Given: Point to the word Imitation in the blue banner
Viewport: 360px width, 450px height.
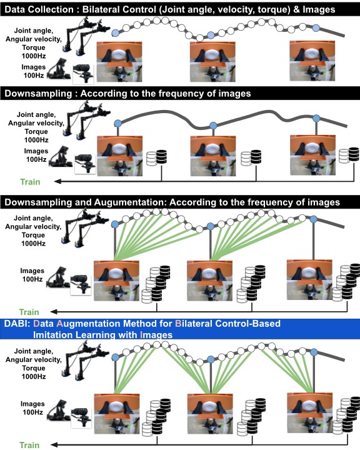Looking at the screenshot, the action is pos(53,335).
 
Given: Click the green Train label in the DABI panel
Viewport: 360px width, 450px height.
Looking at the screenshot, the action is pos(29,445).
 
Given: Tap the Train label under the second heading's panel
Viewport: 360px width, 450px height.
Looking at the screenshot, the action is pos(30,182).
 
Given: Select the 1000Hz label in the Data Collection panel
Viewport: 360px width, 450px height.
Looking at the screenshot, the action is pos(34,56).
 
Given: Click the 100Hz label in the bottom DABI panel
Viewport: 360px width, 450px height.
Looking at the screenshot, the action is pos(32,412).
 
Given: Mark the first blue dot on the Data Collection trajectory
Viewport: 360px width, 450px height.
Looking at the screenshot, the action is pos(115,33).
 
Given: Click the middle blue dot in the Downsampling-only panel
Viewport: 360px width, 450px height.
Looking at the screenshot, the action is pos(213,126).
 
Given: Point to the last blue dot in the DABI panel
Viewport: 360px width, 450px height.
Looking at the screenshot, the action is pos(314,352).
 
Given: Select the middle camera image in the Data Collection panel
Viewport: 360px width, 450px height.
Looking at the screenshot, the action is pos(212,62).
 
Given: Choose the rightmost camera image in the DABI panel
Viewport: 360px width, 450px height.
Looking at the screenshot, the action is pos(310,413).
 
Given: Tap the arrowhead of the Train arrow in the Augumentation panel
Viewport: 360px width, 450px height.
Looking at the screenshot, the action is pos(53,312).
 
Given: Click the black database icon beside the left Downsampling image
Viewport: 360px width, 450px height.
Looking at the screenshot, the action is pos(161,157).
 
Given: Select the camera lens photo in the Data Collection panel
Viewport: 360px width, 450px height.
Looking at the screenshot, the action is pos(83,74).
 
